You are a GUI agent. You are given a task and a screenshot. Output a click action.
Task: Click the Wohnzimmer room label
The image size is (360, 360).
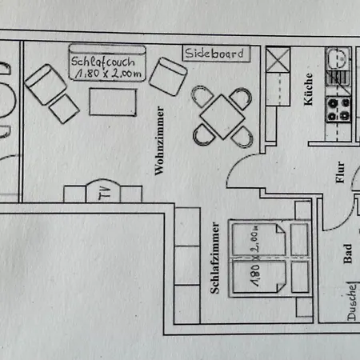(x=159, y=141)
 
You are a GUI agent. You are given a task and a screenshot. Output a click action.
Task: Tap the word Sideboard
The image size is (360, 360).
(x=214, y=54)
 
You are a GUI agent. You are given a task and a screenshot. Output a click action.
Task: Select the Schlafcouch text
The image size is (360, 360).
(x=103, y=62)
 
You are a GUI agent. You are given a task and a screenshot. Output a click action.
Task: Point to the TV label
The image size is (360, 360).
(x=105, y=193)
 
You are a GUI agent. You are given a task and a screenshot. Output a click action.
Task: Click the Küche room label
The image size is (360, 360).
(x=308, y=89)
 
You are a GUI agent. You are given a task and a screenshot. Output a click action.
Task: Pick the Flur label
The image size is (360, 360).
(x=340, y=172)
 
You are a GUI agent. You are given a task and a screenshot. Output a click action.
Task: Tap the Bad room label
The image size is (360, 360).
(x=347, y=254)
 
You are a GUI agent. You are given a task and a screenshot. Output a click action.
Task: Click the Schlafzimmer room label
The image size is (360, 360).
(x=215, y=258)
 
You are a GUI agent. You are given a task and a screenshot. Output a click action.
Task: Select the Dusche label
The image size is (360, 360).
(x=351, y=302)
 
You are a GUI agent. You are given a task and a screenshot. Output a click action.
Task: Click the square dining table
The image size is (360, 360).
(x=222, y=117)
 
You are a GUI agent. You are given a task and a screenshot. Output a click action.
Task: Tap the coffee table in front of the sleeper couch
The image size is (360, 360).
(x=113, y=102)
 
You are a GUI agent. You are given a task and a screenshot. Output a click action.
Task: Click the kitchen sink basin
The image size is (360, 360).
(x=337, y=58)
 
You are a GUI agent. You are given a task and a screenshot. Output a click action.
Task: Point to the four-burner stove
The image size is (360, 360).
(x=338, y=110)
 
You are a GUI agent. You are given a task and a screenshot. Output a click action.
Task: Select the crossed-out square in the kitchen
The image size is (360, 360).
(x=278, y=60)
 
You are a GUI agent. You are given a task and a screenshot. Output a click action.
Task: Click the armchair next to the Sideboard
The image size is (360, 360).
(x=168, y=77)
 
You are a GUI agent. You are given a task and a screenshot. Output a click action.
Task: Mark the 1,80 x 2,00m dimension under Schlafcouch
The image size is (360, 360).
(x=108, y=74)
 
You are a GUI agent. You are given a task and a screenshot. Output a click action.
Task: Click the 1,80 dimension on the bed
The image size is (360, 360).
(x=255, y=275)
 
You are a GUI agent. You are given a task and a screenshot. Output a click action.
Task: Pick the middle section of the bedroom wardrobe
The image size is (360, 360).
(x=187, y=266)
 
